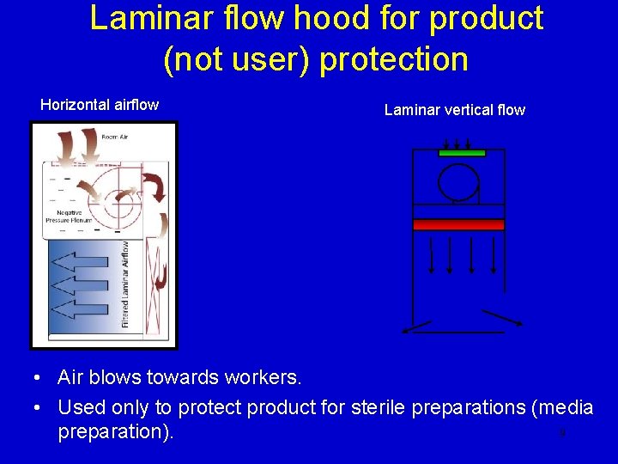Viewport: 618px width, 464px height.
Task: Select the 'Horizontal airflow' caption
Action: pos(100,105)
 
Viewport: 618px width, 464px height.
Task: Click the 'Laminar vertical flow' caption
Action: pos(454,110)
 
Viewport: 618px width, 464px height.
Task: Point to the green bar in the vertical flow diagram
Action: pos(462,153)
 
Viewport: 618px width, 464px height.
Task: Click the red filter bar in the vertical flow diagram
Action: pos(458,224)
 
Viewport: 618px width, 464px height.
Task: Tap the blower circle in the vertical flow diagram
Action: pos(457,181)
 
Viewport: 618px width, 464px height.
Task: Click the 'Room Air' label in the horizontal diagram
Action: pos(114,137)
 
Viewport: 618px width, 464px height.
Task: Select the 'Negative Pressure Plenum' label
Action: pos(69,217)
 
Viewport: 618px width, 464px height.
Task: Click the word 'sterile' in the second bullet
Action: pos(379,407)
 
